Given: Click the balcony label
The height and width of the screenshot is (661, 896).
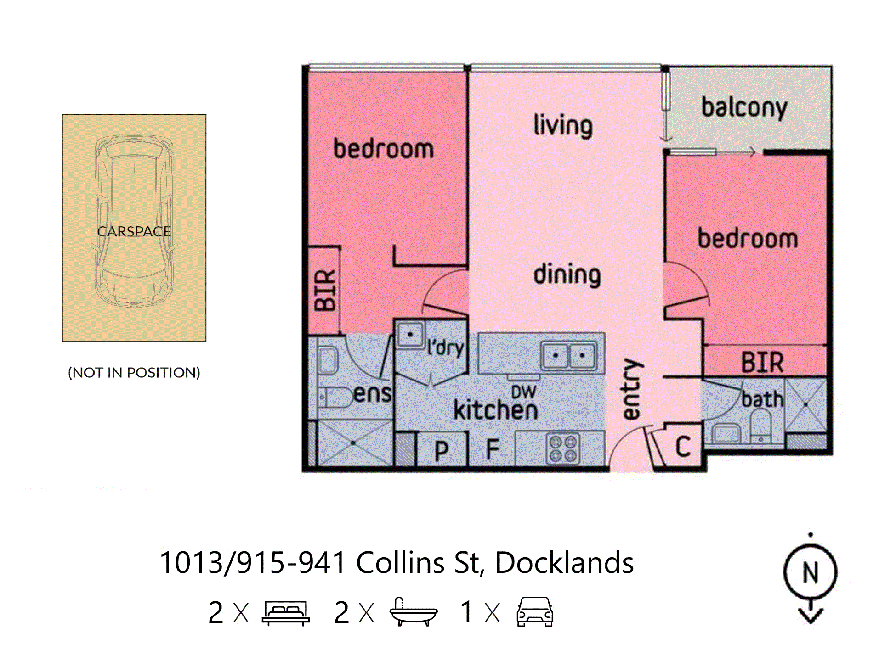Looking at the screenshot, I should coord(744,108).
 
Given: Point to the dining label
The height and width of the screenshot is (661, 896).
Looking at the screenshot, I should coord(567,274).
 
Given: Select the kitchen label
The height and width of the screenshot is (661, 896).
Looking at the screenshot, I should coord(495,409).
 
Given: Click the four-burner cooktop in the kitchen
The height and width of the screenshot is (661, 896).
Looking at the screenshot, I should coord(563,449).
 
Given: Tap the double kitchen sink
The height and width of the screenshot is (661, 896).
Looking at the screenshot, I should coord(569,355).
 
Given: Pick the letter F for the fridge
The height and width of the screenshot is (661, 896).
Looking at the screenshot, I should coord(493,449).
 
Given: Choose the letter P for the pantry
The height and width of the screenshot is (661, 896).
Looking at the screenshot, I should coord(441,451).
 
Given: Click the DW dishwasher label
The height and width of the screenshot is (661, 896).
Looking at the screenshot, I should coord(523,392).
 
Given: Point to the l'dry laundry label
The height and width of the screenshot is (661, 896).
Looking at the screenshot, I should coord(445,348).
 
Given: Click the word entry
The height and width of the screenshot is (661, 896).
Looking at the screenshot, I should coord(631,389).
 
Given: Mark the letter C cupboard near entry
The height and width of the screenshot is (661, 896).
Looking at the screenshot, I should coord(683,446).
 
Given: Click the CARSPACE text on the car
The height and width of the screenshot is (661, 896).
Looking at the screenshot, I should coord(134,231).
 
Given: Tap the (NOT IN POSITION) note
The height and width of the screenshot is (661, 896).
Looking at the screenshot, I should coord(134,372).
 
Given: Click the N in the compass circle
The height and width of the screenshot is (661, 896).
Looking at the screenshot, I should coord(810,572).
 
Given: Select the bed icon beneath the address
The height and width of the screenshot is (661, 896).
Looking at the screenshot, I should coord(285,612).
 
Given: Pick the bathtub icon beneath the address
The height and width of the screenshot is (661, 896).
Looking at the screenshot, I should coord(413,612).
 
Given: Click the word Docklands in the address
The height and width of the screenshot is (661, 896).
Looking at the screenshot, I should coord(564,563).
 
